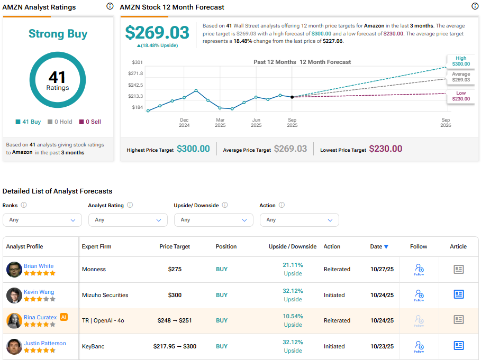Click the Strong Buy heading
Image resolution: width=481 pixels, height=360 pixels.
(x=58, y=34)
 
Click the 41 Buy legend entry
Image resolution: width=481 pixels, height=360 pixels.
(x=28, y=122)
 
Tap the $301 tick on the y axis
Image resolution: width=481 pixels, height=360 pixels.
(x=137, y=62)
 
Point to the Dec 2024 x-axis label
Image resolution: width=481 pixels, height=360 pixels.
(x=184, y=123)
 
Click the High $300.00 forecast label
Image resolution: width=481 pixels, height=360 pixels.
(x=460, y=61)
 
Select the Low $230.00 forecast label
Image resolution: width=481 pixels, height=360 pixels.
(x=460, y=96)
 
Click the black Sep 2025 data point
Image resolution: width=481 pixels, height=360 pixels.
(x=292, y=97)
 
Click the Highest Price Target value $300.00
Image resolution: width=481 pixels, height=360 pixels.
(x=193, y=149)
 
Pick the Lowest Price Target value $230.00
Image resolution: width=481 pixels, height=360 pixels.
(x=385, y=149)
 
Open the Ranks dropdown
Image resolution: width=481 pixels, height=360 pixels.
(x=42, y=220)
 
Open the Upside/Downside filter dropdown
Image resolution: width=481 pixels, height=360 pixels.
(x=214, y=220)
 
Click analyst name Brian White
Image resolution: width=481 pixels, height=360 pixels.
(x=39, y=266)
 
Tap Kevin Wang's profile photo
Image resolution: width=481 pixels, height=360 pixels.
(x=14, y=295)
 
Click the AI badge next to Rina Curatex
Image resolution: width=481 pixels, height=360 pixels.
(x=63, y=317)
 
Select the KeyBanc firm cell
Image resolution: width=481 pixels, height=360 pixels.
(x=93, y=346)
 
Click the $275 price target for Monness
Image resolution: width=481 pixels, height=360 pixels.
(x=175, y=269)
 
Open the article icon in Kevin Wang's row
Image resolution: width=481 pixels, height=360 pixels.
(x=458, y=294)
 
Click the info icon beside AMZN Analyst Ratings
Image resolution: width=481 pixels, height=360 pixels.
(x=110, y=6)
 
